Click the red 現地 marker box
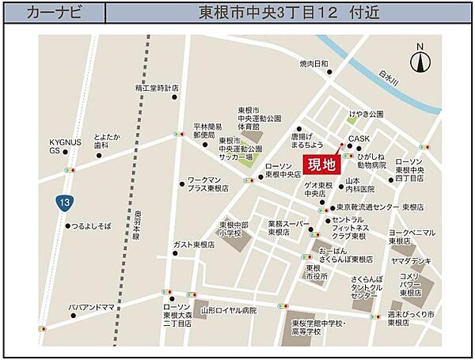point(321,165)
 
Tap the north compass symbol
point(420,60)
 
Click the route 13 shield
point(63,203)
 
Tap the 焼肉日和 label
point(313,63)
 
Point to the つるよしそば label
point(89,226)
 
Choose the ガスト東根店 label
point(200,245)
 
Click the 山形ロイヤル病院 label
point(230,311)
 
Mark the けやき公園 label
point(364,114)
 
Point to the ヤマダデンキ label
point(410,260)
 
